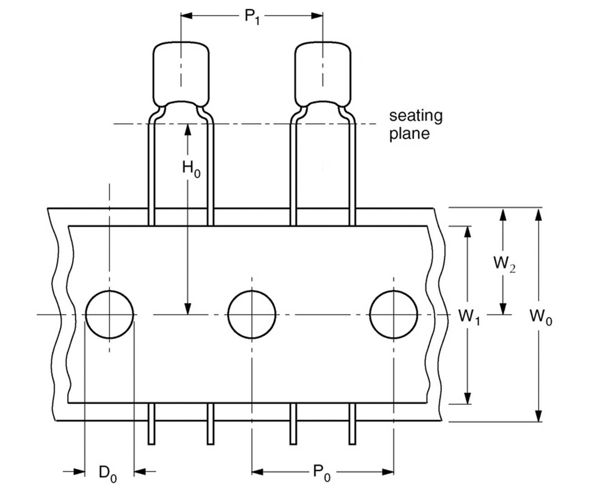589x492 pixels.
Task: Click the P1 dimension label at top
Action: (x=252, y=17)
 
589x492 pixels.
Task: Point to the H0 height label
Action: (x=191, y=169)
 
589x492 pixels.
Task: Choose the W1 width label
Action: (x=469, y=316)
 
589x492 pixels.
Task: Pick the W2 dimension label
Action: (x=504, y=263)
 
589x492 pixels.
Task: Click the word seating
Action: (x=415, y=116)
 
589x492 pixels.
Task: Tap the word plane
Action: (x=409, y=134)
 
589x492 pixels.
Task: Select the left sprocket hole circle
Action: (x=109, y=314)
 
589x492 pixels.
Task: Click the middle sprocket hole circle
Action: (x=252, y=314)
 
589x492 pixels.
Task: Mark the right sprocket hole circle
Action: (x=394, y=314)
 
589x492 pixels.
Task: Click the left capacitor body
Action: (x=181, y=73)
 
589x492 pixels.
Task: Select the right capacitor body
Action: (x=323, y=73)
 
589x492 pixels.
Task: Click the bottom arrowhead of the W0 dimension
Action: (x=538, y=416)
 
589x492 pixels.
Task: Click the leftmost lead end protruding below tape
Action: (x=152, y=437)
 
